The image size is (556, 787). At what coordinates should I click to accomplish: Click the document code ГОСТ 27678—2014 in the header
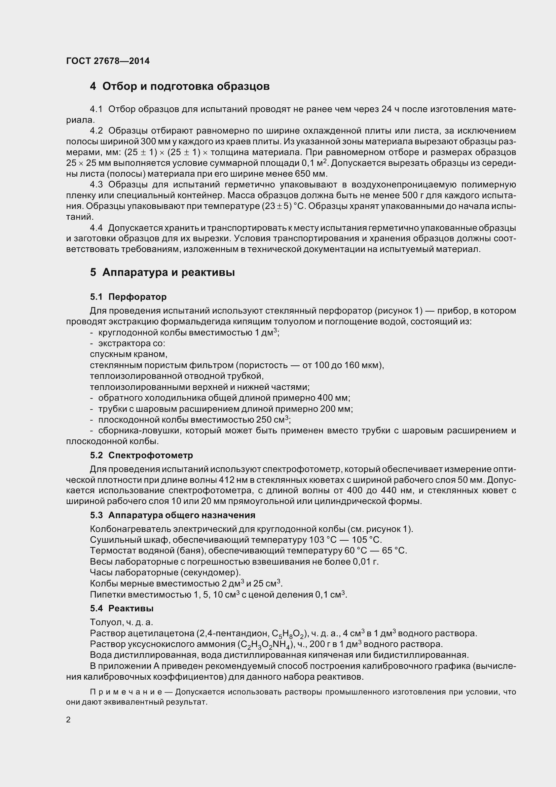[x=108, y=61]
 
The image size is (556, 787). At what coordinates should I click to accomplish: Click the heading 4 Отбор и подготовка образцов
[x=180, y=86]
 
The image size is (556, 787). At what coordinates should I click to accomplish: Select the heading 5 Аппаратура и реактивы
[x=162, y=273]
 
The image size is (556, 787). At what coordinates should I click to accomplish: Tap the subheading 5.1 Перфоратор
[x=128, y=296]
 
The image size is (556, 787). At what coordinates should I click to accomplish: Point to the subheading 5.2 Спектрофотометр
[x=142, y=455]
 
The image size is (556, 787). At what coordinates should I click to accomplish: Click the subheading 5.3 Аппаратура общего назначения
[x=173, y=515]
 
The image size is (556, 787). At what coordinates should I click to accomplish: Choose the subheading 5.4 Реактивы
[x=122, y=608]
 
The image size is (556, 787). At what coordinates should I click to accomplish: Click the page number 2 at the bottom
[x=68, y=719]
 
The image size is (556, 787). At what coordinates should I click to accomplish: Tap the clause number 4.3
[x=96, y=185]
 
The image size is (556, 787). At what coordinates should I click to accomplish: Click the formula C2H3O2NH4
[x=266, y=644]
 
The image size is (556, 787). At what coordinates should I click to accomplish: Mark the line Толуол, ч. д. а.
[x=121, y=622]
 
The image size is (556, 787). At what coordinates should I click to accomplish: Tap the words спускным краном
[x=128, y=354]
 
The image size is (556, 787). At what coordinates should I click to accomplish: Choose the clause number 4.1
[x=96, y=109]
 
